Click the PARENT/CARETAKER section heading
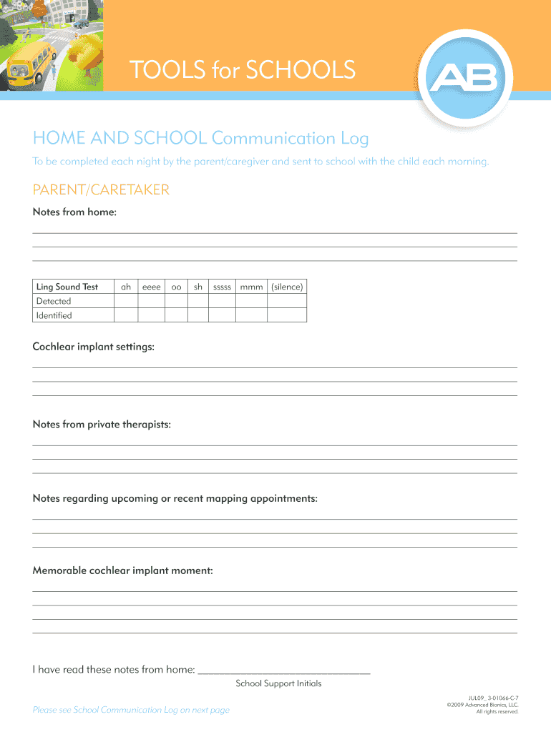click(101, 189)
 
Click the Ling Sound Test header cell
click(67, 287)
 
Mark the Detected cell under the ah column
click(126, 301)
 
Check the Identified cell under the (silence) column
click(287, 315)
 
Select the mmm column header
click(251, 287)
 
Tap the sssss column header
click(222, 287)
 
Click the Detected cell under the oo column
click(176, 301)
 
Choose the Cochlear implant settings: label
click(94, 347)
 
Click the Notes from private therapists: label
click(102, 425)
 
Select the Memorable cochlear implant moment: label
click(122, 570)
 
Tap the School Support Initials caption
click(278, 683)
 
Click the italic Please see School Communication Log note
click(131, 710)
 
